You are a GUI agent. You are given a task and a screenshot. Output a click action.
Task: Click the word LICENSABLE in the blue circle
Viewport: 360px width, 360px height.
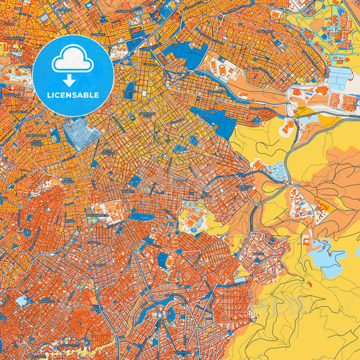(x=73, y=95)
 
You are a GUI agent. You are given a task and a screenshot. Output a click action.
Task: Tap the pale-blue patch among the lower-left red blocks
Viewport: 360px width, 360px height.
(x=22, y=300)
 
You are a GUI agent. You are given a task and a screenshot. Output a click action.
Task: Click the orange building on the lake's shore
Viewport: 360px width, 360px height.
(x=306, y=240)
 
